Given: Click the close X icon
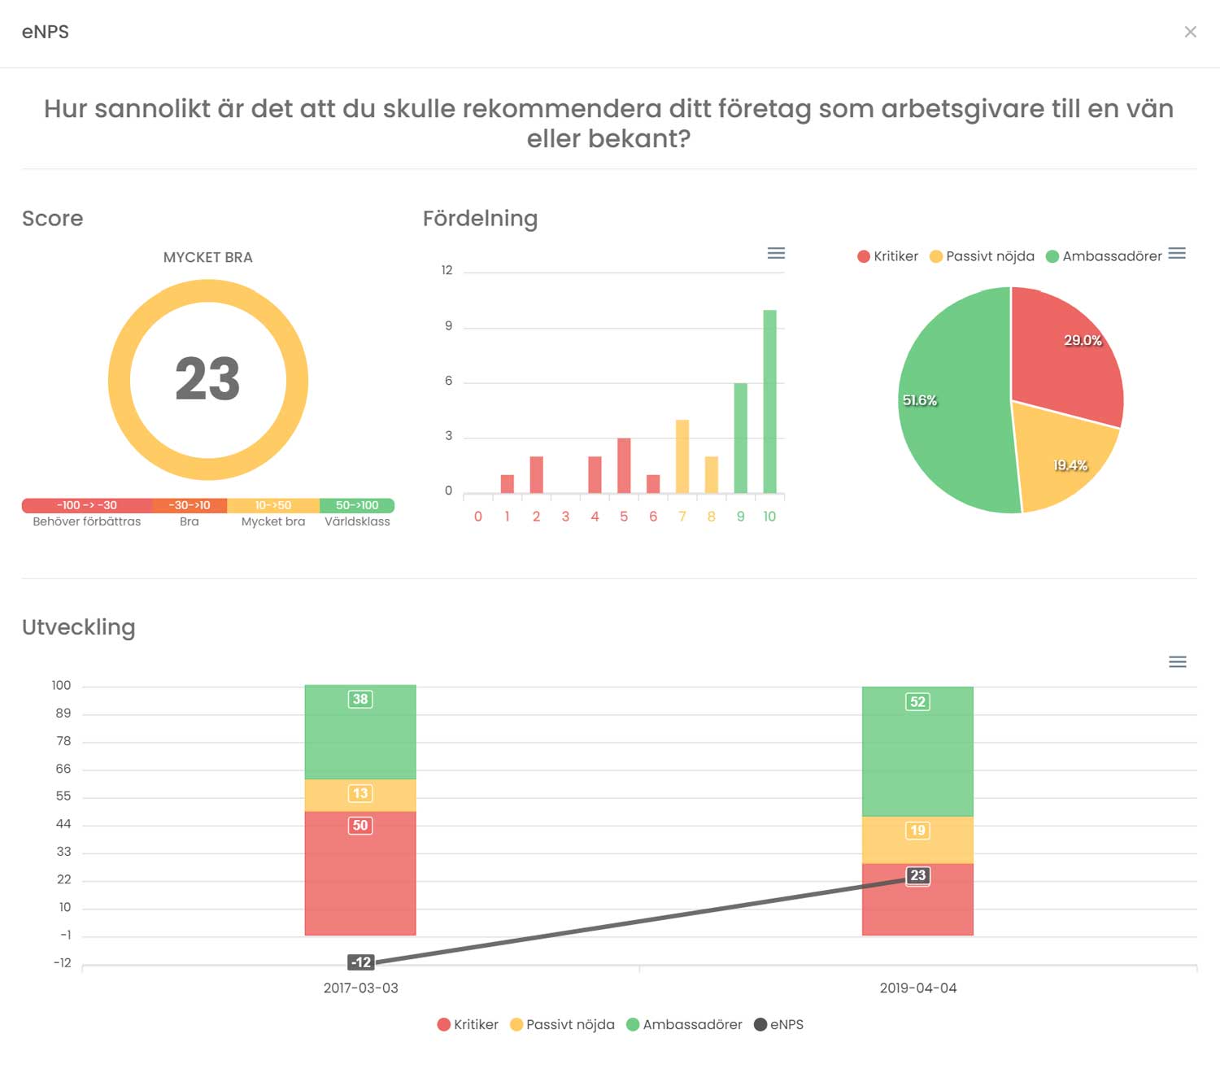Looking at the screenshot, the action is tap(1190, 32).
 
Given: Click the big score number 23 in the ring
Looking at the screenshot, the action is tap(207, 378).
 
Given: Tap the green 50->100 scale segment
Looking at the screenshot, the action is tap(357, 505).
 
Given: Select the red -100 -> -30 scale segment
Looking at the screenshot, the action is tap(87, 505).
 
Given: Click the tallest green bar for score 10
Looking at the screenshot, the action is tap(769, 401).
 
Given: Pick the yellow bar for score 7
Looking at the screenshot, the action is tap(682, 456).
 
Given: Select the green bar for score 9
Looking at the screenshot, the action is tap(741, 438).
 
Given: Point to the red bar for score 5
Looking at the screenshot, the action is tap(624, 465).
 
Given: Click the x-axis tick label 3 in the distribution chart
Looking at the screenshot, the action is tap(565, 517).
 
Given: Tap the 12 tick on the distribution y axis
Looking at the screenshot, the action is tap(447, 270).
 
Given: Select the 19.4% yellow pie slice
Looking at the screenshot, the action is tap(1063, 461).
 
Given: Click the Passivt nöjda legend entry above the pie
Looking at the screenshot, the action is tap(983, 256).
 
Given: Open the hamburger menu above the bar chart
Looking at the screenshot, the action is tap(776, 253).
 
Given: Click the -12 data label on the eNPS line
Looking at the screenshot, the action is tap(361, 962).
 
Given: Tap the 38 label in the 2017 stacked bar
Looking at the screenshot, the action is tap(360, 699).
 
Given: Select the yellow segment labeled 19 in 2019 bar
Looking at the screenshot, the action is tap(917, 840).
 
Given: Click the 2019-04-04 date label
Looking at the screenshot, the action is tap(917, 988).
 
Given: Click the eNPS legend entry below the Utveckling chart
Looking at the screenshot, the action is tap(778, 1024).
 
